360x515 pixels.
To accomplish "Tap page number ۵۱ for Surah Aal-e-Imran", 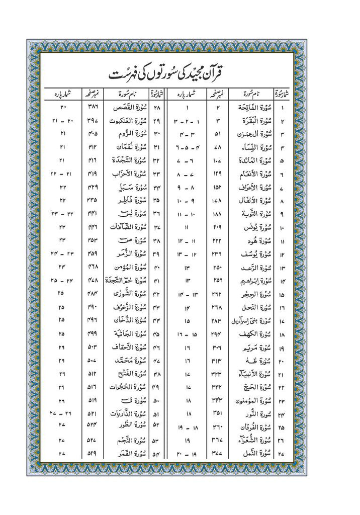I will click(218, 135).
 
